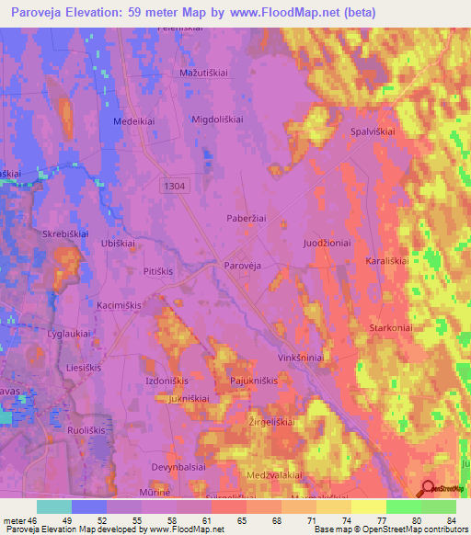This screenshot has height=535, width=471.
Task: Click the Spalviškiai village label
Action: [373, 131]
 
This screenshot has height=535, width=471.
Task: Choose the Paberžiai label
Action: [246, 218]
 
